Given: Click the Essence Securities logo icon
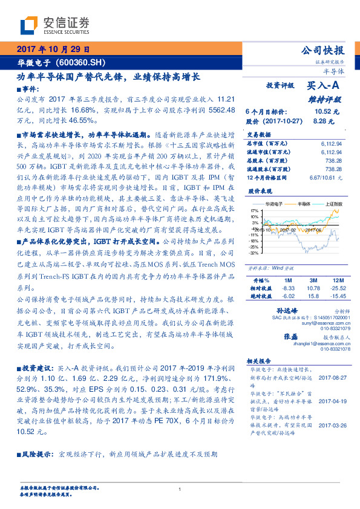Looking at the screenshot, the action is click(29, 26).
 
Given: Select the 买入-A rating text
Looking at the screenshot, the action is click(325, 86).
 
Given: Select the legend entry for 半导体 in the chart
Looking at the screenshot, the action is click(304, 204).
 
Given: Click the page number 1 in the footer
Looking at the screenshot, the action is click(180, 490).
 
